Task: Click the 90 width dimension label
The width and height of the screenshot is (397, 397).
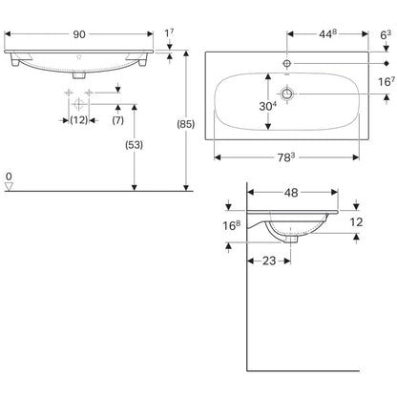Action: click(x=79, y=34)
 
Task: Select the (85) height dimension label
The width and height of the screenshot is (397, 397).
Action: click(x=186, y=124)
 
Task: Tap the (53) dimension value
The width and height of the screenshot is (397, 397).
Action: click(x=134, y=145)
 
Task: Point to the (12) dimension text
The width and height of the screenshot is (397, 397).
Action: click(x=79, y=120)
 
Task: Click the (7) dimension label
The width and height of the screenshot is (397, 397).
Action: click(x=118, y=120)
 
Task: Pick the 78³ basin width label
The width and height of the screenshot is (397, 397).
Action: click(x=286, y=157)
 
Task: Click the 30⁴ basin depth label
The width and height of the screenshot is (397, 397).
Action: click(x=268, y=106)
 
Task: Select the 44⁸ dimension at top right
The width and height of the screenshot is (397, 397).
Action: click(x=327, y=34)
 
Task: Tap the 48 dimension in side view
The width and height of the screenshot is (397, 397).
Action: click(x=291, y=193)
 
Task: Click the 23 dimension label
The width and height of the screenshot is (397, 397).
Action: click(x=269, y=261)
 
